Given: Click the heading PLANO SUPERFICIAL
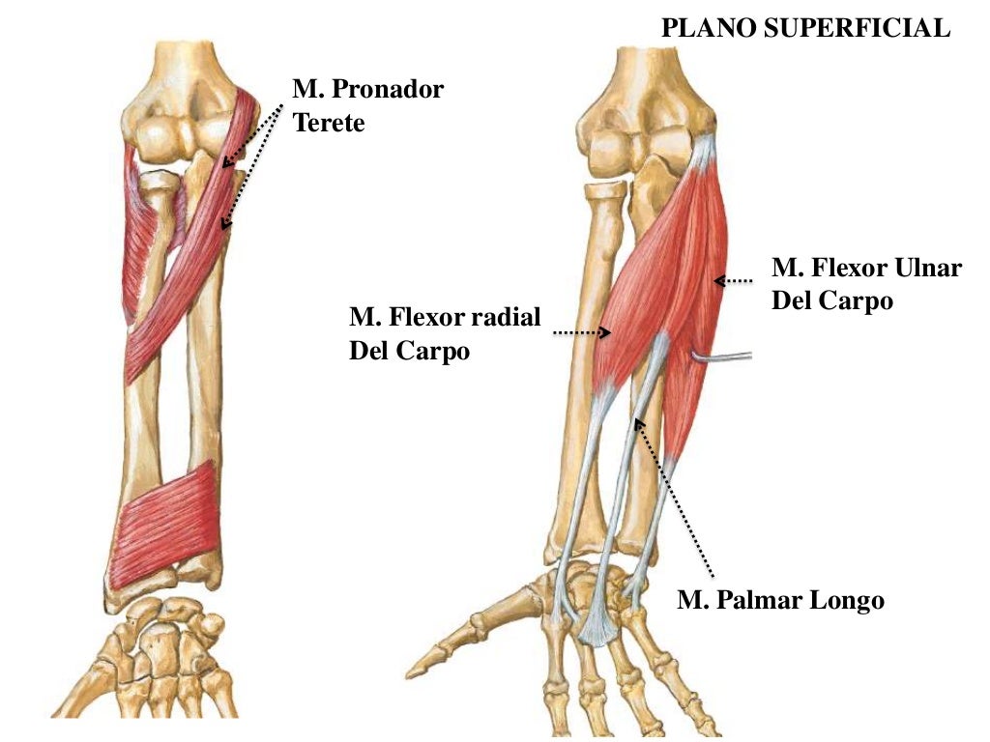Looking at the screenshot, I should click(805, 29).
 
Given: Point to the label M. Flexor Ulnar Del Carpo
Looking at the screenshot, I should click(866, 284).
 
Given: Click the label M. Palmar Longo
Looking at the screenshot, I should click(780, 601).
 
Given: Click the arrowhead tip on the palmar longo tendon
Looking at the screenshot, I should click(636, 419).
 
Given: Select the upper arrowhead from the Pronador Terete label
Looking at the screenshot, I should click(226, 162).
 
